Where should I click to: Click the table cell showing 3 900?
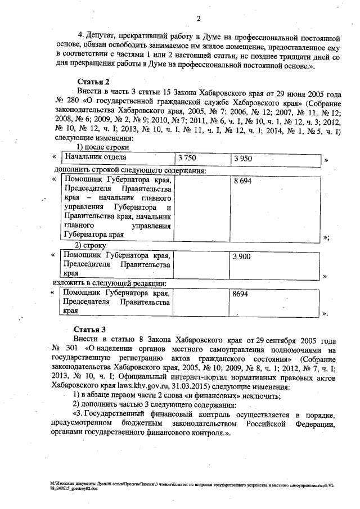243,256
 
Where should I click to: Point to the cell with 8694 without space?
242,294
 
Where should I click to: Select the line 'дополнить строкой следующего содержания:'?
130,169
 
